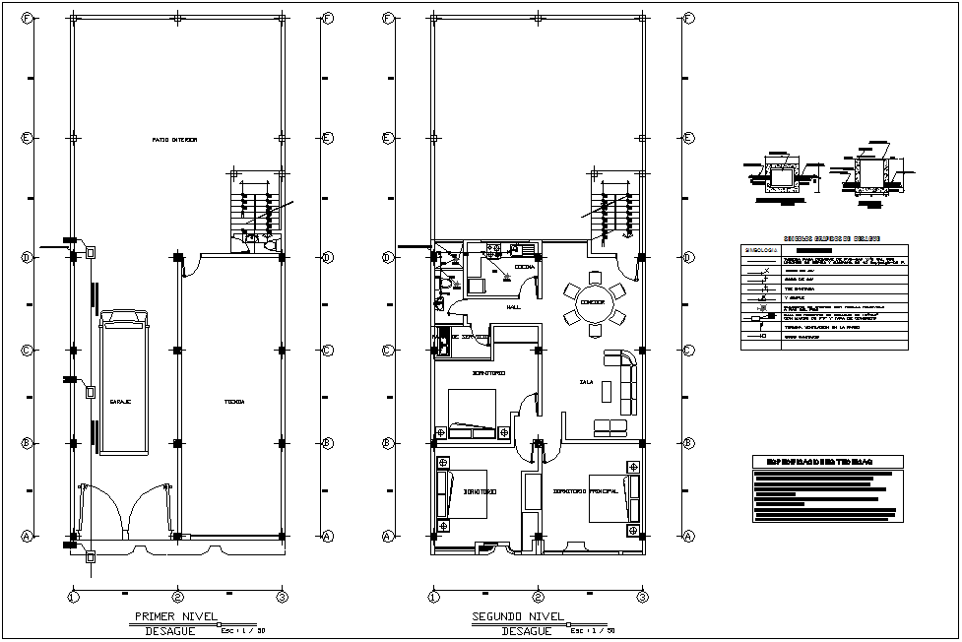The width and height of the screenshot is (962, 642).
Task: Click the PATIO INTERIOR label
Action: pos(174,140)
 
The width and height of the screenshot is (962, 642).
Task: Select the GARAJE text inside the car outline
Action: pos(121,402)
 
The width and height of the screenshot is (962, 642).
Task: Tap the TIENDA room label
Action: pos(233,402)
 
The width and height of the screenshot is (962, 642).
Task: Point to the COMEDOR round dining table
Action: pos(592,302)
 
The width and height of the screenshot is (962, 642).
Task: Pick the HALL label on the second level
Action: pos(513,307)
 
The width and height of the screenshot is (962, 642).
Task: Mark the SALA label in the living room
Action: pos(587,382)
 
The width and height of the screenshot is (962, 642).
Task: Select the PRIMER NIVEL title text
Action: pos(163,617)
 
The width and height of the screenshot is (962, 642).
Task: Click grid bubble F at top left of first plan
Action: pos(29,18)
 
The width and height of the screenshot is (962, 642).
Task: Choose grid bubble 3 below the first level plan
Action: pos(282,597)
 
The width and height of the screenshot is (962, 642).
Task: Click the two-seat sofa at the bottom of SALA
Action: pos(610,426)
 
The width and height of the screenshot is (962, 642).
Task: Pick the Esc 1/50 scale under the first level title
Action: pos(240,630)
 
